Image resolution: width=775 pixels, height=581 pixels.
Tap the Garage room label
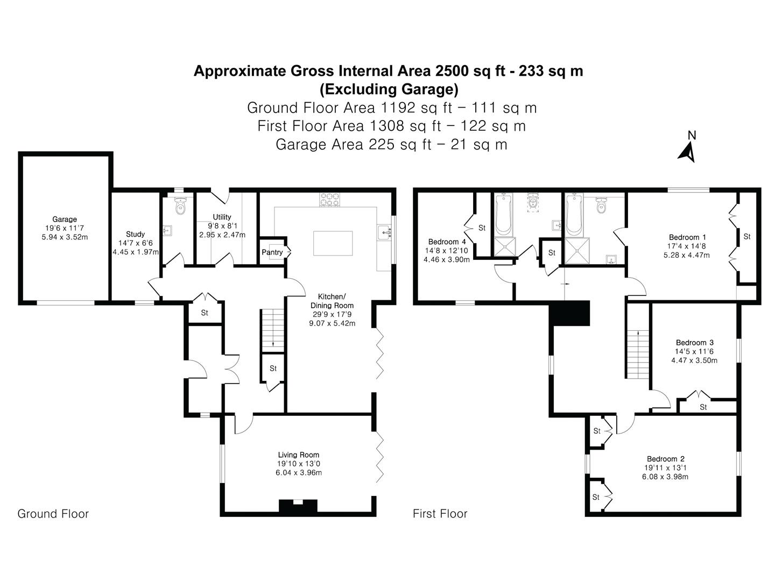click(x=65, y=219)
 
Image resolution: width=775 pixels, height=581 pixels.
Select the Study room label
click(x=135, y=234)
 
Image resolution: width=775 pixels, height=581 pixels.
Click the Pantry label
click(x=272, y=252)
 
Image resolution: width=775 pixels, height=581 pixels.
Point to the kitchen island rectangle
click(x=333, y=243)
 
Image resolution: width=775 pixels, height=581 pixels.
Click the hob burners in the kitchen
click(x=330, y=199)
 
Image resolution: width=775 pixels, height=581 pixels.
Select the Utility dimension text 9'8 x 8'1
click(x=222, y=226)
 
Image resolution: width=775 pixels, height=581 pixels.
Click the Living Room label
click(x=298, y=455)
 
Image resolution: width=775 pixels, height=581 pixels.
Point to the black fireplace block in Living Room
click(x=298, y=506)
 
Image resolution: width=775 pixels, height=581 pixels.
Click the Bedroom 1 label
click(x=686, y=237)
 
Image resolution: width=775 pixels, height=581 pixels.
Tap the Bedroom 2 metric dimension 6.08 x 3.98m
click(x=665, y=477)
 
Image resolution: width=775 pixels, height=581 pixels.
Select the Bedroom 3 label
click(x=694, y=342)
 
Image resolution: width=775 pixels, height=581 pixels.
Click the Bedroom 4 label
click(x=447, y=242)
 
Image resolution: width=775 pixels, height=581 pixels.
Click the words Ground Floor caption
click(x=53, y=514)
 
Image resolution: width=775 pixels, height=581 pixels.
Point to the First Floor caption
click(x=440, y=514)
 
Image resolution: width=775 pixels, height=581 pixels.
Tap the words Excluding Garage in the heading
click(x=389, y=89)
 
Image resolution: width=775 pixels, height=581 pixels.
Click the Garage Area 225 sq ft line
click(x=391, y=144)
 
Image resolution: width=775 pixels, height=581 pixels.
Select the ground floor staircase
click(x=272, y=330)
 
